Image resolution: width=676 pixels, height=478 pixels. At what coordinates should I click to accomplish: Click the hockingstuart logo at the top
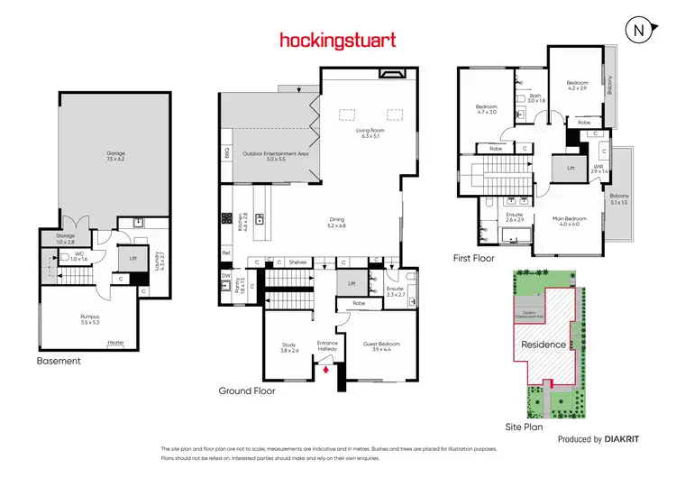click(x=337, y=41)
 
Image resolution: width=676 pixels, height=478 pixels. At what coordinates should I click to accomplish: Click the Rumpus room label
click(x=89, y=318)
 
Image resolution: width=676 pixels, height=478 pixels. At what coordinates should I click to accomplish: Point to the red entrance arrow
click(x=327, y=368)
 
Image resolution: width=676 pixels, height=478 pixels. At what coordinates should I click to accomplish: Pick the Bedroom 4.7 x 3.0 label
click(x=486, y=110)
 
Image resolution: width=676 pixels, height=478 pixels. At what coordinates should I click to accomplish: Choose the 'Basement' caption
click(x=59, y=361)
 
